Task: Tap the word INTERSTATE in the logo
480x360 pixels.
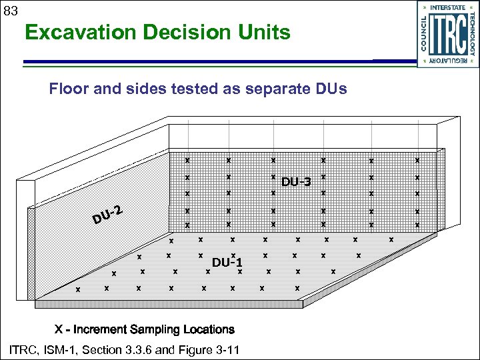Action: pos(449,7)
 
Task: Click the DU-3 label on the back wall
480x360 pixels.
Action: pos(296,182)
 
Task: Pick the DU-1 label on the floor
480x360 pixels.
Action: pos(227,262)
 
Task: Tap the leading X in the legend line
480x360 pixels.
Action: pos(59,329)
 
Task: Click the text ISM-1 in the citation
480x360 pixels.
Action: pos(60,350)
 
